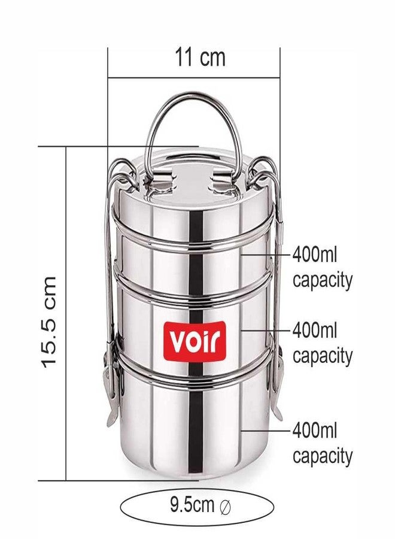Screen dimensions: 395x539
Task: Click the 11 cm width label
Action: pos(200,57)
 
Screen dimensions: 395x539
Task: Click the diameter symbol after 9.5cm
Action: pos(224,507)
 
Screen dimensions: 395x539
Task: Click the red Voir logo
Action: pos(195,341)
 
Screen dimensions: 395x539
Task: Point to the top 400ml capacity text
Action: pos(322,268)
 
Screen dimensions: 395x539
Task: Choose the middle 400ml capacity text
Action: pos(322,343)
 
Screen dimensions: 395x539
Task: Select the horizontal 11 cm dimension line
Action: pos(194,78)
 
